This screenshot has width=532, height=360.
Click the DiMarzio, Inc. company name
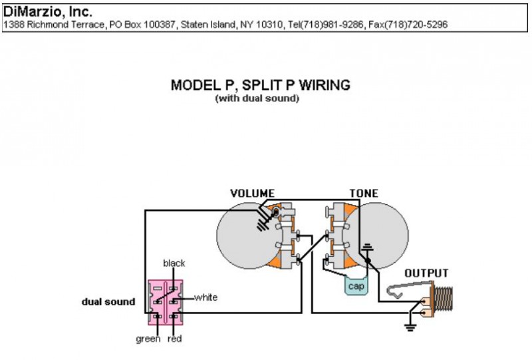tap(49, 12)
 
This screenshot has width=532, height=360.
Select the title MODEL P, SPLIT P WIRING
tap(260, 85)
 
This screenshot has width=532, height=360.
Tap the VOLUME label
tap(252, 194)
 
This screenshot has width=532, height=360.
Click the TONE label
tap(364, 194)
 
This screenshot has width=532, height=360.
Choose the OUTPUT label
tap(426, 273)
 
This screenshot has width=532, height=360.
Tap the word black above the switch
tap(174, 264)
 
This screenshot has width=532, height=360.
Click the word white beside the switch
tap(205, 297)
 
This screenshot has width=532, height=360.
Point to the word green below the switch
tap(148, 339)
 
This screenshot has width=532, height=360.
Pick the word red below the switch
tap(176, 339)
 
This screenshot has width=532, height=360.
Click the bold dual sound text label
tap(108, 301)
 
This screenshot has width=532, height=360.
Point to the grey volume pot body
tap(243, 233)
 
